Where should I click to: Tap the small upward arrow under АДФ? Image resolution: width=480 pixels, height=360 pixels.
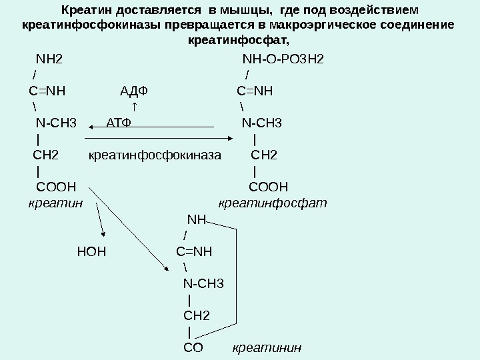coord(135,107)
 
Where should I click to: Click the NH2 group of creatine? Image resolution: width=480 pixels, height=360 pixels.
coord(49,59)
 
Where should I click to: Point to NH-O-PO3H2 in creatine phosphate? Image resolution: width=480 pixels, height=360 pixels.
coord(283,59)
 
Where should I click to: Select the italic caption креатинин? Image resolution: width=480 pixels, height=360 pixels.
coord(267,347)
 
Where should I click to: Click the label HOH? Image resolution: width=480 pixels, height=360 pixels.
coord(91,252)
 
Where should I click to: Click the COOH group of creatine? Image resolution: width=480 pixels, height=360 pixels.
coord(55,187)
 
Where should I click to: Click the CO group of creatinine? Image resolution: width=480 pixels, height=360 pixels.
coord(193,347)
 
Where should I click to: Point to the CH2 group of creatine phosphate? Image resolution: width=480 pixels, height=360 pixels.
coord(264,155)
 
